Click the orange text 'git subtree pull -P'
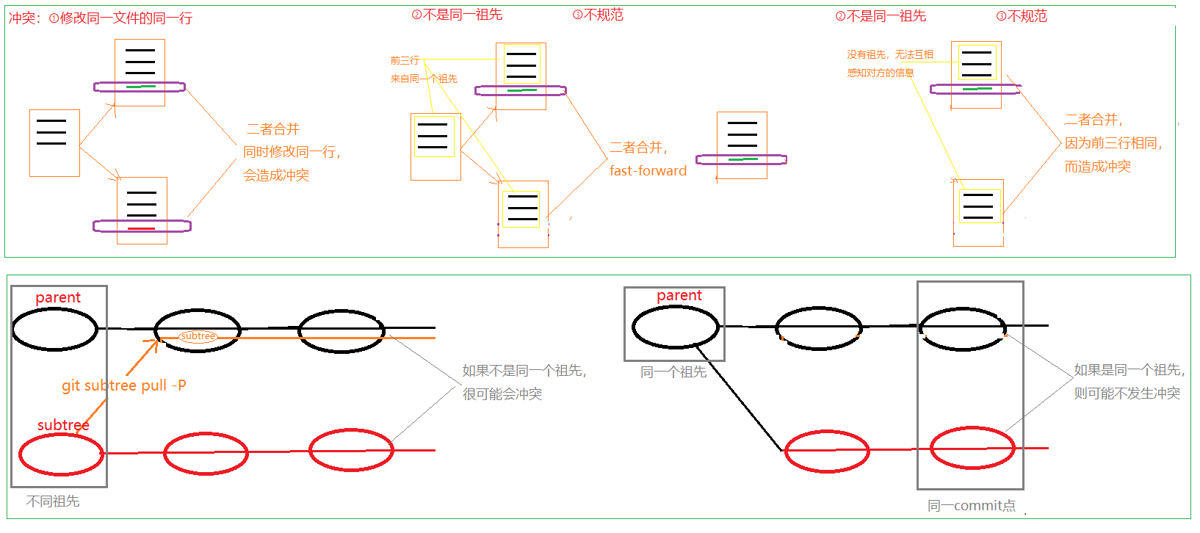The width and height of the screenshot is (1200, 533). pos(123,385)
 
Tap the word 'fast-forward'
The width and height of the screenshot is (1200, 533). pos(648,171)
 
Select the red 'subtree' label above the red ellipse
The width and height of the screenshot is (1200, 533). pos(63,425)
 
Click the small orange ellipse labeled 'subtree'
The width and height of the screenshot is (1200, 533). pos(198,336)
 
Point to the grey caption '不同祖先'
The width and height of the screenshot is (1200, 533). pos(53,501)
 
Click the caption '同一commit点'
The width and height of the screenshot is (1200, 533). pos(971,506)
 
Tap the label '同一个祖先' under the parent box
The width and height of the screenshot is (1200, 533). pos(673,372)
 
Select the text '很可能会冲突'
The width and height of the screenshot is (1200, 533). pos(502,394)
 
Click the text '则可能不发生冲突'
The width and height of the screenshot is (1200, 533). pos(1127,394)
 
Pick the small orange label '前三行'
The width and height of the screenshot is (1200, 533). pos(405,60)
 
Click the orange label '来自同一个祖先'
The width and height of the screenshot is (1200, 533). pos(424,79)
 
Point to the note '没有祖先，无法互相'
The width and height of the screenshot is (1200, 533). pos(889,54)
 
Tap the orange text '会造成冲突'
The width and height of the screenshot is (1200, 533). pos(276,175)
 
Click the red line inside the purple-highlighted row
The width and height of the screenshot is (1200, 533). pos(141,229)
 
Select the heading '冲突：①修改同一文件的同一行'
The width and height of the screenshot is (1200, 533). pos(101,18)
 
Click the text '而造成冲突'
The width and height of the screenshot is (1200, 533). pos(1097,167)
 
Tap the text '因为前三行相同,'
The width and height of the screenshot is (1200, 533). pos(1113,143)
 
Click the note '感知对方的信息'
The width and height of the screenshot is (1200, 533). pos(880,73)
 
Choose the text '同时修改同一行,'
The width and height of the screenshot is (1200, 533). pos(292,152)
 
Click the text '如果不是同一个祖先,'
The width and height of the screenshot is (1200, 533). pos(524,371)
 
